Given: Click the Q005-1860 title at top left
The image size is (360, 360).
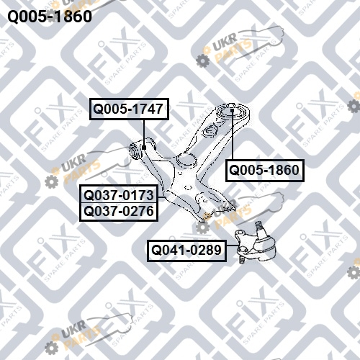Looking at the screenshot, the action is [x=50, y=17].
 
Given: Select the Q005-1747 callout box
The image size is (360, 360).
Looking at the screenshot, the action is [x=129, y=109].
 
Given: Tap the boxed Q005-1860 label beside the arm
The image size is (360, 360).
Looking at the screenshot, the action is [x=265, y=171].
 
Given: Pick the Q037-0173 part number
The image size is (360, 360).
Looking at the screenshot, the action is [x=119, y=195].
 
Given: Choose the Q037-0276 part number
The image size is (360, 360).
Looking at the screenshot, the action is [x=119, y=211].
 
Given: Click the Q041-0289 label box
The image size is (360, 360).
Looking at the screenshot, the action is [x=186, y=251].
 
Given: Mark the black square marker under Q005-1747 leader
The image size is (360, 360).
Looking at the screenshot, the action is [x=144, y=148].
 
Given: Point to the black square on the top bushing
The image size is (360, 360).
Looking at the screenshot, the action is [x=232, y=110].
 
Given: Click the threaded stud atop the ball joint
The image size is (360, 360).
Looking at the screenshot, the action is [x=258, y=226].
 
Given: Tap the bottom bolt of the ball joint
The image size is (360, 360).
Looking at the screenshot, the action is [x=243, y=259].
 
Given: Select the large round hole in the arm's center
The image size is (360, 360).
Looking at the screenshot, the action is [x=186, y=160].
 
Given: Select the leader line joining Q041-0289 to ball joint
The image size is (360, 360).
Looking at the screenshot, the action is [x=233, y=246].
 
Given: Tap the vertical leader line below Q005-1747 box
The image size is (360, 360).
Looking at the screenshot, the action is [x=144, y=132].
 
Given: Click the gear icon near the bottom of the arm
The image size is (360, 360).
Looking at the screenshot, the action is [x=203, y=228].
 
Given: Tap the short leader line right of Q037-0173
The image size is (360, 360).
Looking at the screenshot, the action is [x=162, y=197].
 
